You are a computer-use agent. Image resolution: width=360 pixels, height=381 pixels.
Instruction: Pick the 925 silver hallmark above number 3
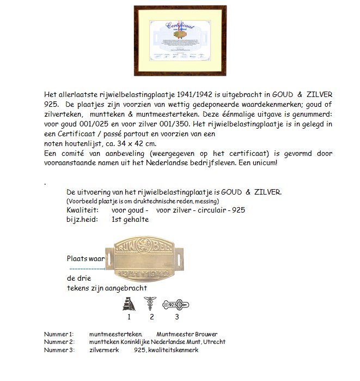coord(178,305)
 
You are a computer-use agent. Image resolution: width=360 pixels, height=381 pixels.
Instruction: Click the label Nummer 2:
coord(58,342)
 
